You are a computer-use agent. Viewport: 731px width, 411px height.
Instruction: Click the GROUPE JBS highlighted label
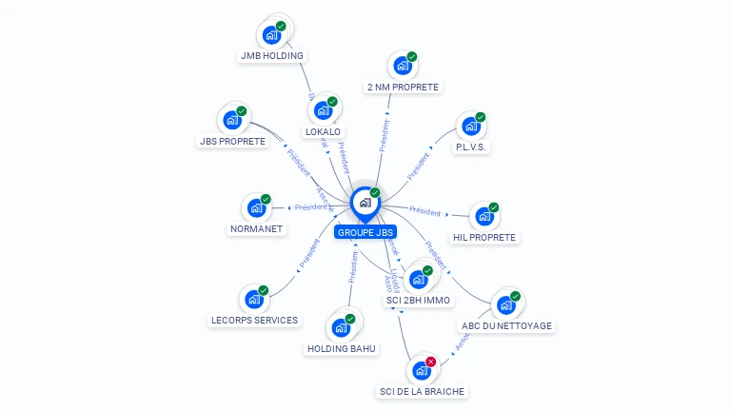365,232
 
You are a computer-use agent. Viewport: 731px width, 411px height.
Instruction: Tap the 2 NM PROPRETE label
403,87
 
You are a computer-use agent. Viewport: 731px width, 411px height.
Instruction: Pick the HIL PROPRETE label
484,237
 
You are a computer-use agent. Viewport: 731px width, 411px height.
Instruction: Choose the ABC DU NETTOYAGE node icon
505,305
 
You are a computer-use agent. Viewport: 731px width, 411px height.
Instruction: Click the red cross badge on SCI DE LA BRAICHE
431,362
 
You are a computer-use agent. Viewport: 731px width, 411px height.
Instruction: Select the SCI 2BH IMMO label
418,300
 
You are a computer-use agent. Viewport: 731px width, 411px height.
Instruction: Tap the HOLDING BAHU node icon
341,327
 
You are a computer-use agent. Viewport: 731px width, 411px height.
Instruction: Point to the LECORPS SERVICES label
254,320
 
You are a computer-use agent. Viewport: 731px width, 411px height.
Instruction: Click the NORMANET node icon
256,207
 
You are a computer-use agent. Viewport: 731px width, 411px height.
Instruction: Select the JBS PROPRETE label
232,141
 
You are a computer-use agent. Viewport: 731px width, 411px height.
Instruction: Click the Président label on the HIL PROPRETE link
425,211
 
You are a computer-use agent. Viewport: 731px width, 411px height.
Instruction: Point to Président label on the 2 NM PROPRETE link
385,135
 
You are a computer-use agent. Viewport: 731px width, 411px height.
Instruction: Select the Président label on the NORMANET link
310,206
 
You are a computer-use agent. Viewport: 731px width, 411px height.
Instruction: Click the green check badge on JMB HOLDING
281,27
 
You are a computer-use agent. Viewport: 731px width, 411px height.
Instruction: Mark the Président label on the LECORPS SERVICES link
310,252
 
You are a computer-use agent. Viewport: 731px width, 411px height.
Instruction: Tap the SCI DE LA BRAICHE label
424,391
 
